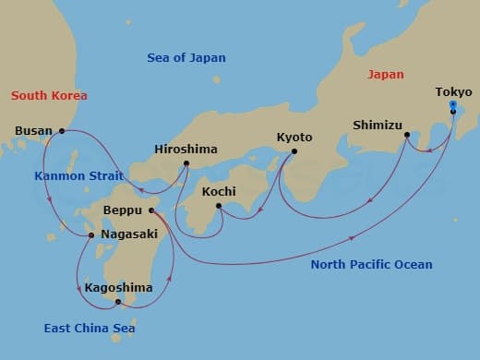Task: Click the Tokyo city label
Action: click(453, 91)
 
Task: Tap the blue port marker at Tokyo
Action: click(451, 105)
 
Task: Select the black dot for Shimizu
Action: click(406, 135)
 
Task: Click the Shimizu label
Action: click(378, 125)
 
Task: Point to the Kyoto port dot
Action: click(294, 151)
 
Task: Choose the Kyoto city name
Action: click(294, 138)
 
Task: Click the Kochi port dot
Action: click(218, 205)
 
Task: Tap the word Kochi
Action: click(219, 192)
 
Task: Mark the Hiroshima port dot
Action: click(186, 164)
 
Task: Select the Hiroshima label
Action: click(186, 148)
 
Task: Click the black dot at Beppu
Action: click(151, 210)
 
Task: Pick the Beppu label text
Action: click(122, 210)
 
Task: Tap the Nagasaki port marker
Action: click(90, 235)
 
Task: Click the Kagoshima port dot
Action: click(118, 301)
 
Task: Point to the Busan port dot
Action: click(62, 131)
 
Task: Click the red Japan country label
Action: click(386, 74)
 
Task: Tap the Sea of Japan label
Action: click(186, 58)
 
